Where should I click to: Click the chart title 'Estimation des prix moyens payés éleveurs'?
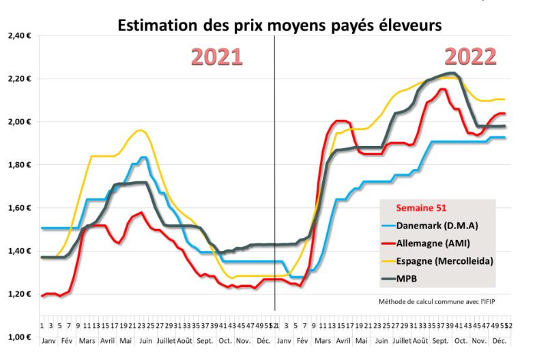tap(280, 25)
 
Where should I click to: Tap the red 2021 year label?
tap(216, 57)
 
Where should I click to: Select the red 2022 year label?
tap(470, 57)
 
